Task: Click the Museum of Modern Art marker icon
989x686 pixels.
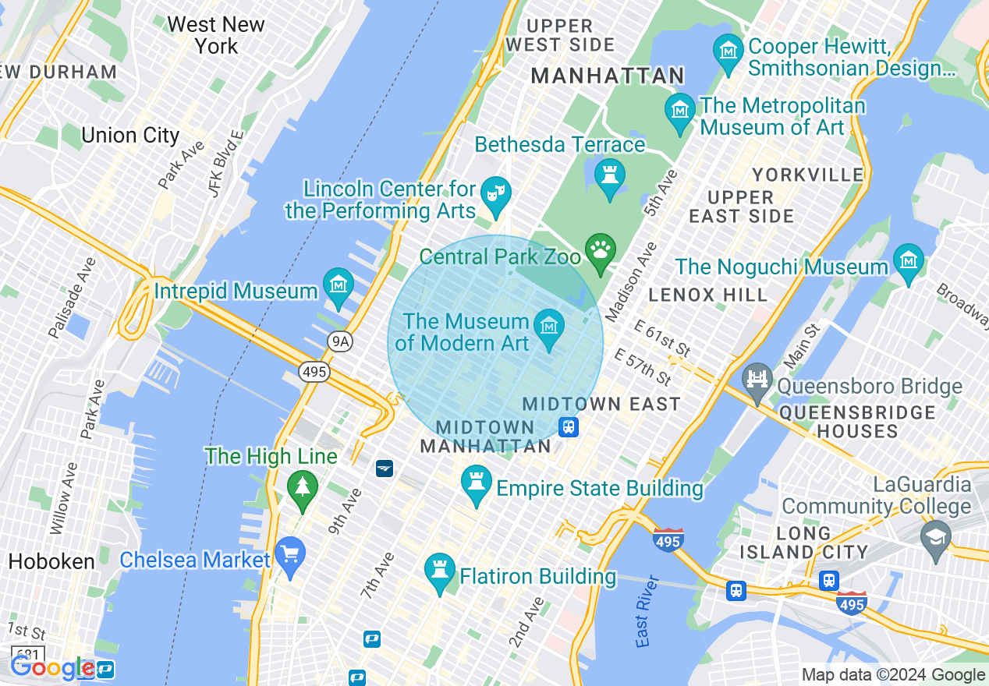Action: point(550,323)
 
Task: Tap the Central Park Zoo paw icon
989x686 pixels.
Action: point(600,250)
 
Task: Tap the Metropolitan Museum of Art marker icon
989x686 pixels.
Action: point(680,109)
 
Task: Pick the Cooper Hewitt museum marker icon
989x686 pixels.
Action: point(728,51)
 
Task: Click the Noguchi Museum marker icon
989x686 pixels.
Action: point(909,260)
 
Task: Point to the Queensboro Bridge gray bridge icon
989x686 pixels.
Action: point(757,380)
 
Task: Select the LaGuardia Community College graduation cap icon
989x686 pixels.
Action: point(935,537)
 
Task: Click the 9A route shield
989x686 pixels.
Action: point(339,341)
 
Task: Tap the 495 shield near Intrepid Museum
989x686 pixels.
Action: point(314,372)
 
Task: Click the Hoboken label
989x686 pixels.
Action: point(51,561)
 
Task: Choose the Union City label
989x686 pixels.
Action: point(130,136)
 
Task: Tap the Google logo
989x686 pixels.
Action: point(51,667)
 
